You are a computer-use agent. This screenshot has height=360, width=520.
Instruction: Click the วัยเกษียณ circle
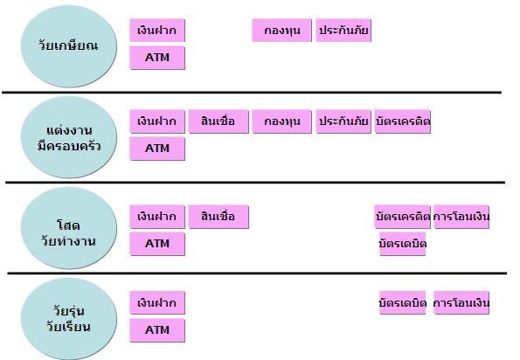tap(69, 46)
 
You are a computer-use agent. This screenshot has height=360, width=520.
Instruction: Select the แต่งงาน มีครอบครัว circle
tap(69, 137)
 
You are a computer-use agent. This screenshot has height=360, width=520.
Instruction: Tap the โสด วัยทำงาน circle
tap(69, 228)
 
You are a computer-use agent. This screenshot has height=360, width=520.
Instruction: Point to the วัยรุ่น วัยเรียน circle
tap(69, 319)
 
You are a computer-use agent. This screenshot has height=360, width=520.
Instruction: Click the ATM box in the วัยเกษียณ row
tap(157, 58)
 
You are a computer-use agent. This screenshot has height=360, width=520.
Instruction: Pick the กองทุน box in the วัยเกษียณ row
tap(282, 31)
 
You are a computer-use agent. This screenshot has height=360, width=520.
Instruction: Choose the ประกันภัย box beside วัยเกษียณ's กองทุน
tap(343, 31)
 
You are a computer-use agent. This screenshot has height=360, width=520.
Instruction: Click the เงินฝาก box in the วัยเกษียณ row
tap(157, 31)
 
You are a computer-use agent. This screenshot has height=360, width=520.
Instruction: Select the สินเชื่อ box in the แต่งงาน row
tap(218, 121)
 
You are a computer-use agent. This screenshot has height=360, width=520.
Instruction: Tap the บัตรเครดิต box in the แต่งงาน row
tap(403, 121)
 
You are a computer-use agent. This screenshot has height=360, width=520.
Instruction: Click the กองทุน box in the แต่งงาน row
tap(282, 121)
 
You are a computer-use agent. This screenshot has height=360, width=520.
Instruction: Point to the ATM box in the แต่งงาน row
tap(157, 149)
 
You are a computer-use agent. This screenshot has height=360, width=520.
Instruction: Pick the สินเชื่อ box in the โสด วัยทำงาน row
tap(218, 217)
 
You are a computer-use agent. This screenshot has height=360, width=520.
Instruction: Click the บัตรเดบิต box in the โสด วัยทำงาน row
tap(403, 244)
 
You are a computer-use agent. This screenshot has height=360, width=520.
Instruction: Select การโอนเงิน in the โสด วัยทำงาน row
tap(461, 217)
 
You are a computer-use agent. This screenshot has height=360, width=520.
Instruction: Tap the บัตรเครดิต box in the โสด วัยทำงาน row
tap(403, 217)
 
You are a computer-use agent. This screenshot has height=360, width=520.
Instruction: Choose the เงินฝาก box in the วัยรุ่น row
tap(157, 302)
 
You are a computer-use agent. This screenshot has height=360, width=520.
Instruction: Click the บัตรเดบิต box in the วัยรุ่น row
tap(403, 302)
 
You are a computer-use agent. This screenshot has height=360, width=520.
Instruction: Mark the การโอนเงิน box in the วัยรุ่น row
tap(461, 302)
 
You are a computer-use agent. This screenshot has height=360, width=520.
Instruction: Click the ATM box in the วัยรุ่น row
tap(157, 330)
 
